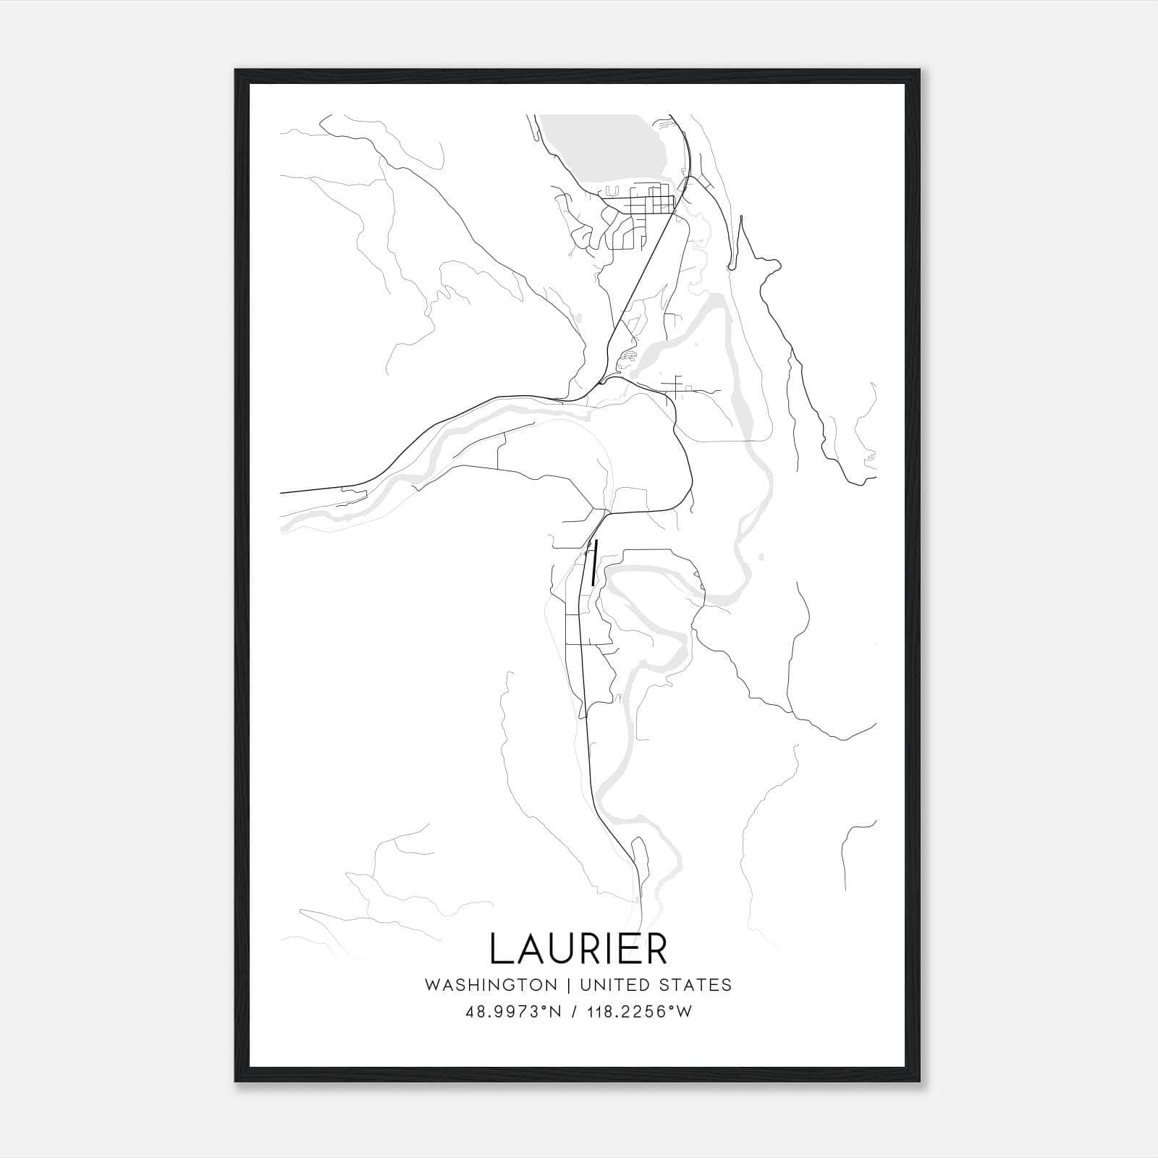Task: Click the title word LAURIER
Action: (578, 948)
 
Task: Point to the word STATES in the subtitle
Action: (696, 985)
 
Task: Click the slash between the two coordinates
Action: (574, 1012)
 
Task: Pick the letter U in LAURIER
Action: (566, 948)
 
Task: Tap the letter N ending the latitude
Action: (557, 1012)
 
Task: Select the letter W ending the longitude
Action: (685, 1012)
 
